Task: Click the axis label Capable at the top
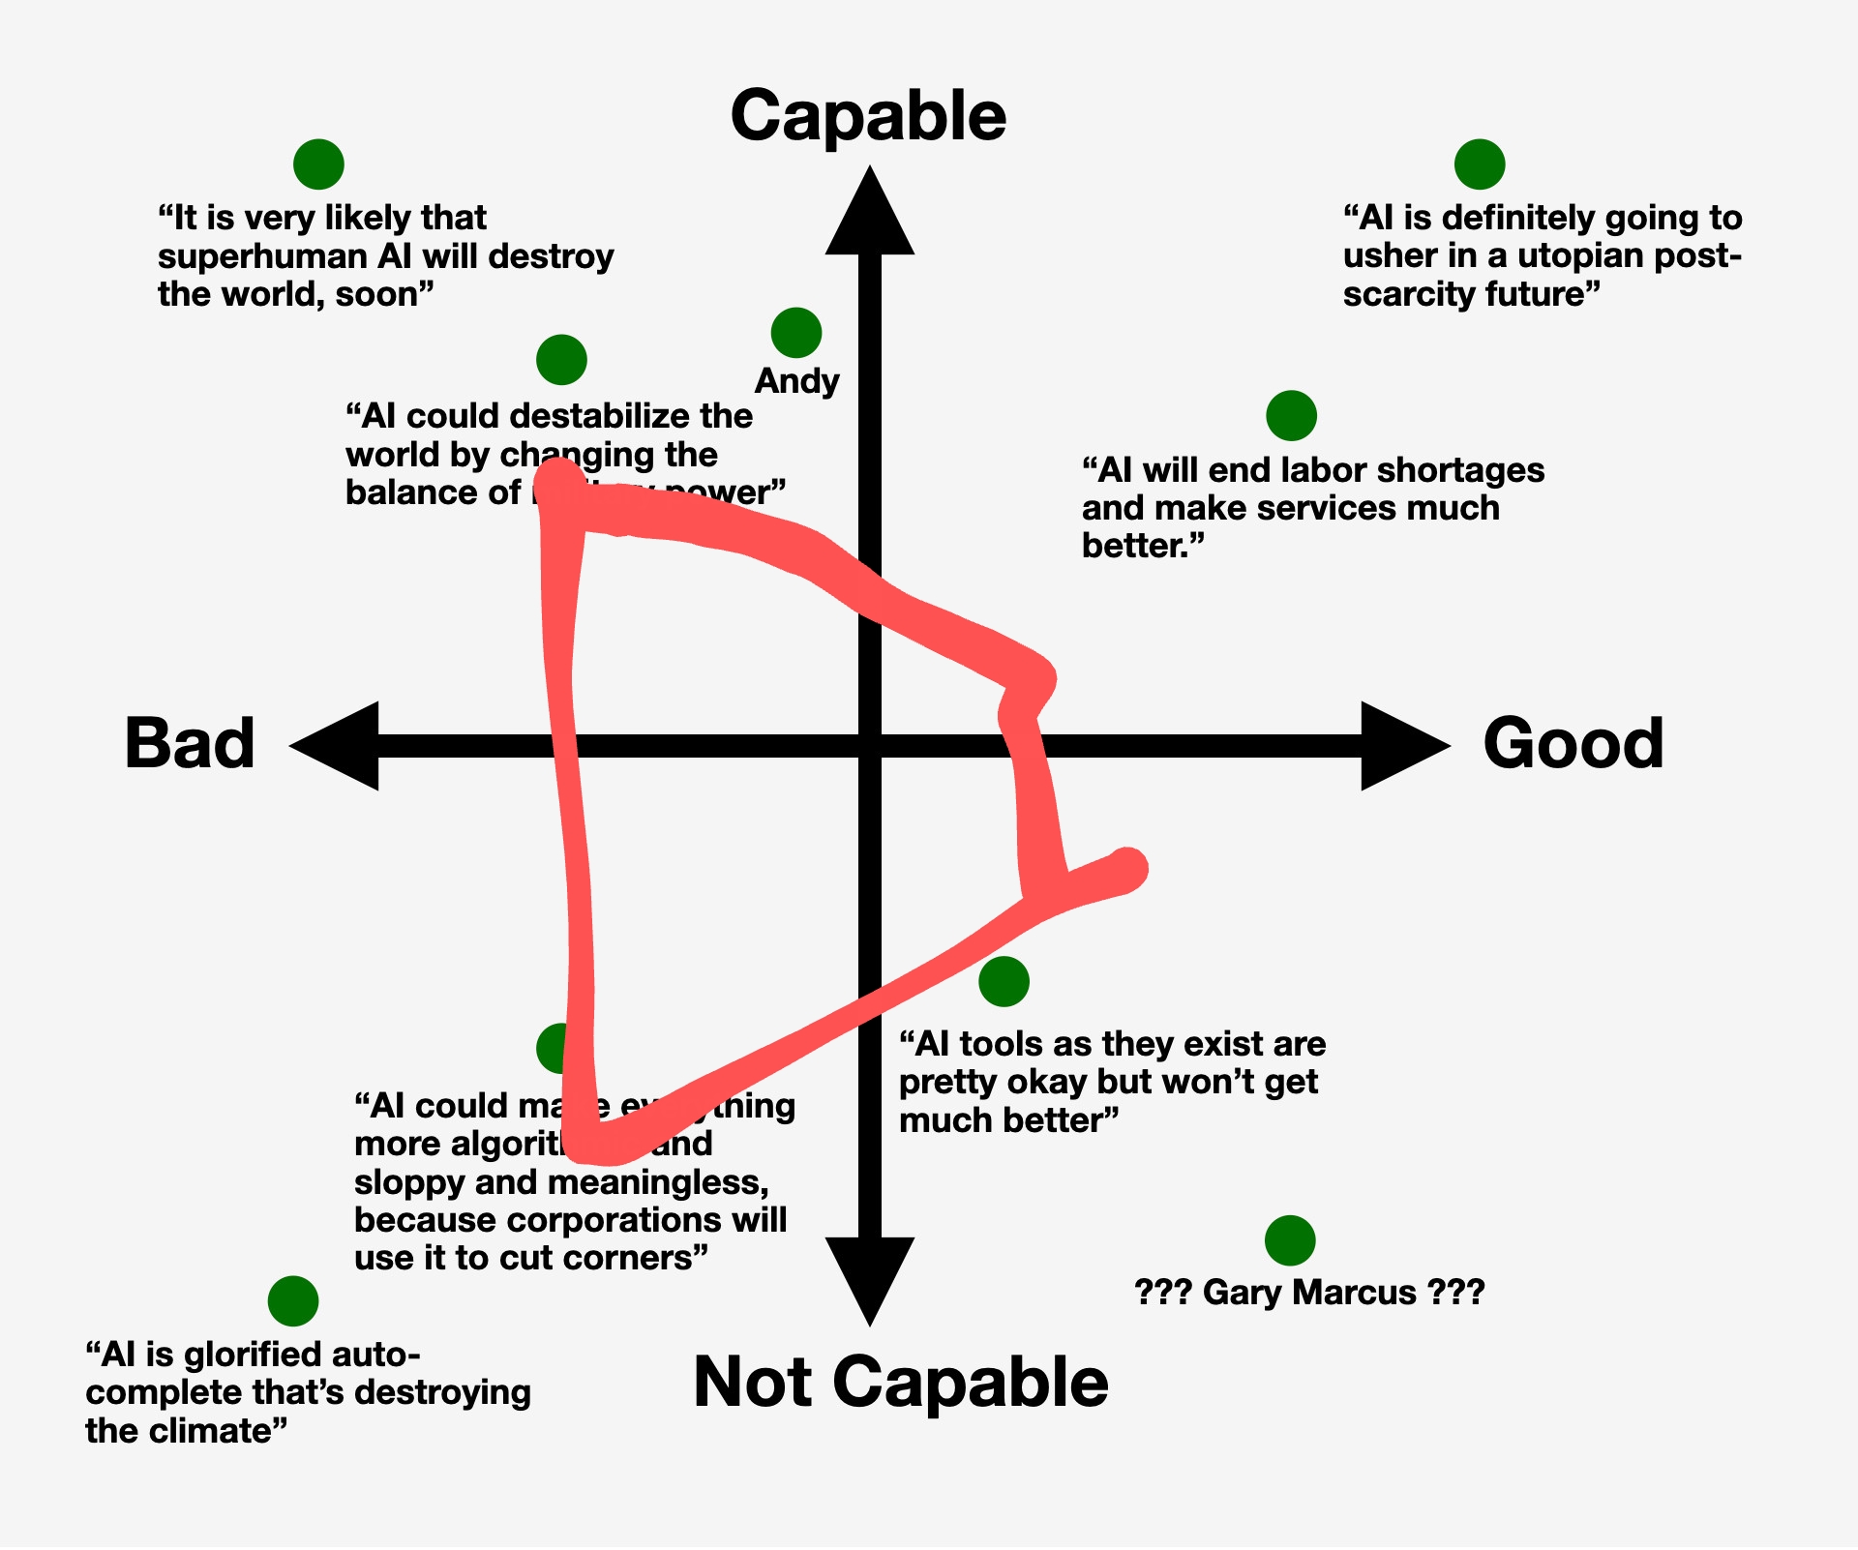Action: pos(868,116)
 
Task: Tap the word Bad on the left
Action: pos(190,744)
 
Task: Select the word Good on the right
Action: pos(1573,744)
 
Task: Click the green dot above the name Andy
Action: pos(796,333)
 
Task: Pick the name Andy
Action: pos(796,381)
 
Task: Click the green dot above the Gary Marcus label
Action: pos(1290,1240)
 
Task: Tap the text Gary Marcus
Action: pos(1308,1293)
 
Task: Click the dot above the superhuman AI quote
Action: pos(318,164)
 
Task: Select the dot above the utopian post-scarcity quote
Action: pos(1479,164)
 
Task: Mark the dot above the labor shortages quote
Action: pos(1291,415)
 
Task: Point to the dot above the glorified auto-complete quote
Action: pos(293,1300)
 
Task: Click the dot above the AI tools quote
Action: pos(1004,982)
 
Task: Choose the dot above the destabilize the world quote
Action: pos(561,360)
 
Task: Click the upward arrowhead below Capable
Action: pos(869,213)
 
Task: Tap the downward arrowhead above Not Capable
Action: pos(869,1277)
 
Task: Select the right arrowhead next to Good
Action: pos(1403,746)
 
